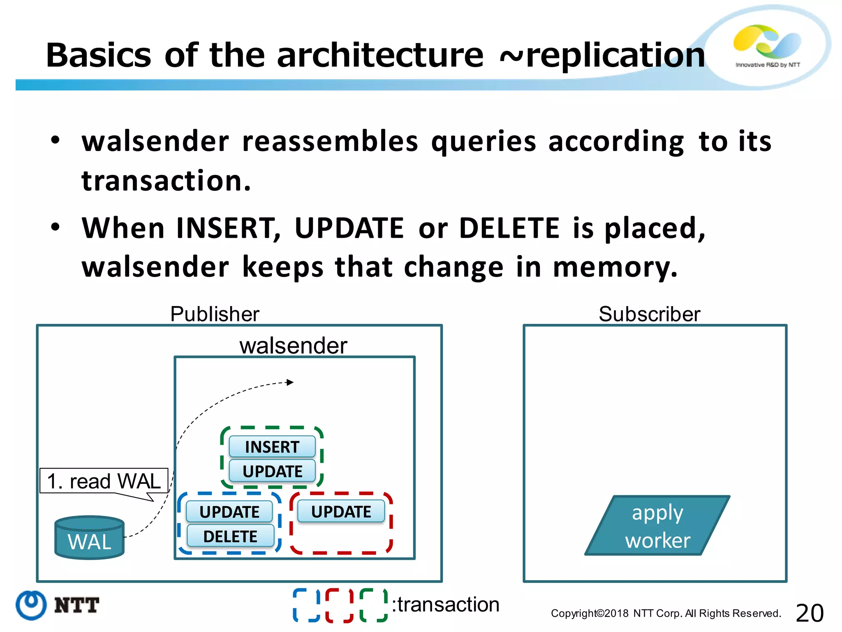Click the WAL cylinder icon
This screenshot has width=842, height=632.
click(x=89, y=537)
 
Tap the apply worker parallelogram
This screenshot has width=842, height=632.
click(x=657, y=526)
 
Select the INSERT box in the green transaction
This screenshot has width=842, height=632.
click(x=272, y=447)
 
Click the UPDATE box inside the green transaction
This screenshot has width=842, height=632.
click(x=272, y=471)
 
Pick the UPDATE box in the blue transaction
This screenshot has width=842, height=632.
click(x=229, y=512)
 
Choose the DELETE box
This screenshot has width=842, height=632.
click(x=230, y=536)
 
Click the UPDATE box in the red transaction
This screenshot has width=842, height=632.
click(x=341, y=511)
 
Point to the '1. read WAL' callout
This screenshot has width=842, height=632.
click(x=104, y=481)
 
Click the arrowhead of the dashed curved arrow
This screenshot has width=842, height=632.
click(x=290, y=382)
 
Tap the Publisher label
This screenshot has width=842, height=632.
click(x=215, y=314)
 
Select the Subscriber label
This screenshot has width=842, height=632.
click(x=649, y=314)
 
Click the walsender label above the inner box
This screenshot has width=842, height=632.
click(x=293, y=345)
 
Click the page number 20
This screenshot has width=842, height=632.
click(x=810, y=613)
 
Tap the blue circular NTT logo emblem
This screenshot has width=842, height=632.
click(x=31, y=605)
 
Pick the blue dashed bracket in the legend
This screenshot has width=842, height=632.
click(x=306, y=605)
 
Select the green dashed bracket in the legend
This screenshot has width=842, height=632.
click(x=373, y=605)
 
